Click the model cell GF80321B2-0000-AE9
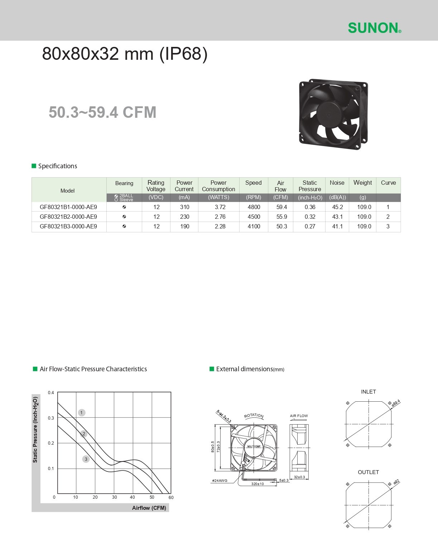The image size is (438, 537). click(68, 217)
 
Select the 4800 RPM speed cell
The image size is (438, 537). click(254, 207)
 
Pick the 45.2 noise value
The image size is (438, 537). click(337, 207)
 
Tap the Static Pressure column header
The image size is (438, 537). click(309, 186)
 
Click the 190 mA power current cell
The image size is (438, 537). click(184, 226)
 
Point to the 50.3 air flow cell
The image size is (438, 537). click(281, 226)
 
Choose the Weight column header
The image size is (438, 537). click(362, 183)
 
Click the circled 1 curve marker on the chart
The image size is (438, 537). click(82, 412)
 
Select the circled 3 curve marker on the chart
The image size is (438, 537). click(86, 459)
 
